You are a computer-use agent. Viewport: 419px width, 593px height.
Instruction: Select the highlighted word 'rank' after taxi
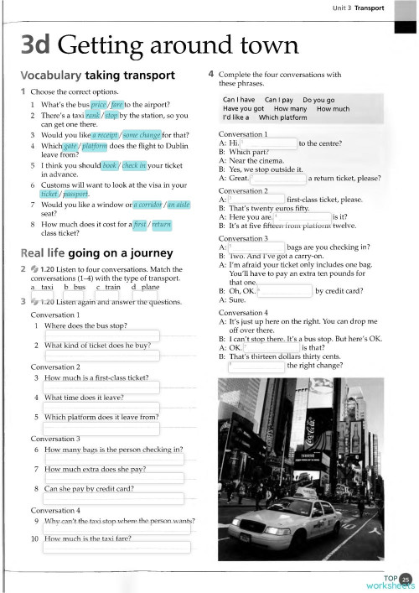93,115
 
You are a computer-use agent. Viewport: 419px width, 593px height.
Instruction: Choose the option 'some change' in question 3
142,134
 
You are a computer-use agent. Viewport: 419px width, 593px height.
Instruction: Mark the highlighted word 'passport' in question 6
76,194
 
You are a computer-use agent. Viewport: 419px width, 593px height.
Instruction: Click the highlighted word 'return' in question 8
162,225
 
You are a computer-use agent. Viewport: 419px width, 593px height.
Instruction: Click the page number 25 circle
406,577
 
